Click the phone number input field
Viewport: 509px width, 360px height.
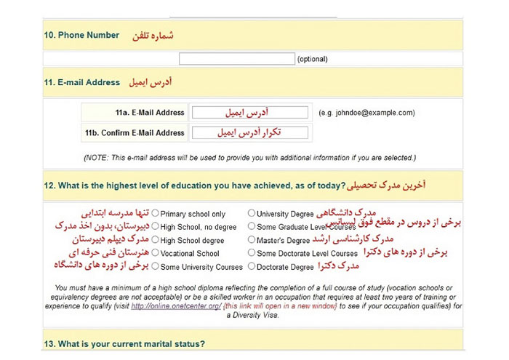(236, 59)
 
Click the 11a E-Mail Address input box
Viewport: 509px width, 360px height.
(249, 113)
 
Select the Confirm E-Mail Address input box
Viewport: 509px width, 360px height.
(249, 133)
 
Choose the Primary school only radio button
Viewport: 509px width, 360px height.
(155, 214)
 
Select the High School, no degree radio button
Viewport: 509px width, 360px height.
(155, 227)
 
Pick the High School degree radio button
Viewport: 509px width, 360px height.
(155, 240)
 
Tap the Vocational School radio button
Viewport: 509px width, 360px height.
(155, 253)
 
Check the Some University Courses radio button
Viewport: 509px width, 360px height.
(155, 266)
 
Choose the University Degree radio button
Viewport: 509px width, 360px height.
(252, 214)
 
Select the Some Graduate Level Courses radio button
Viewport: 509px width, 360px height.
(252, 227)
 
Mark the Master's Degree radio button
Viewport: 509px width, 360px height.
(252, 240)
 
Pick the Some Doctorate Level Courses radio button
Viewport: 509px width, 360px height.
(252, 253)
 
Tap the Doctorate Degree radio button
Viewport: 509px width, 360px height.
(252, 266)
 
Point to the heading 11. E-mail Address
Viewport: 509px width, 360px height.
(81, 83)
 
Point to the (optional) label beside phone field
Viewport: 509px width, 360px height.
(312, 60)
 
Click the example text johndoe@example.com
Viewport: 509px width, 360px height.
(366, 113)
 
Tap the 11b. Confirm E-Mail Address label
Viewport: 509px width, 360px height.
(135, 133)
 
